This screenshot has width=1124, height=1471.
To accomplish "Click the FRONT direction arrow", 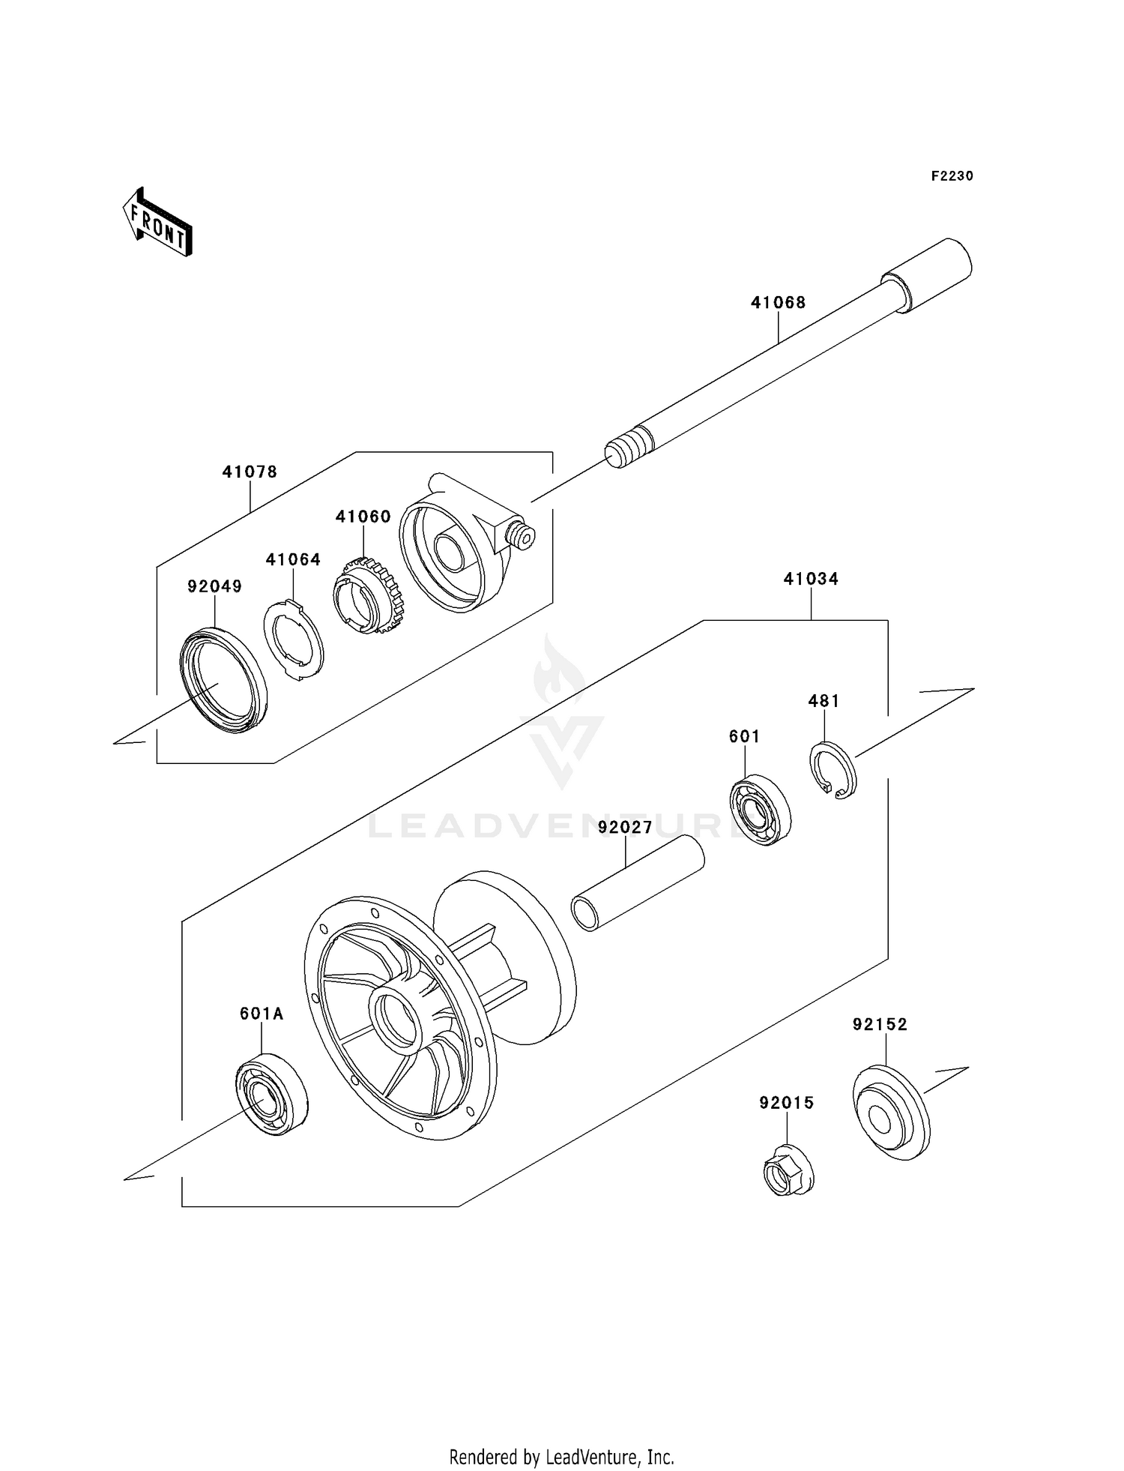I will [x=158, y=223].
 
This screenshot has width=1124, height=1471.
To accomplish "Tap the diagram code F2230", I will [x=952, y=176].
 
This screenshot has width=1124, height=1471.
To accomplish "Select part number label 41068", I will [x=778, y=303].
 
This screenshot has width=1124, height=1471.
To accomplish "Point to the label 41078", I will [x=250, y=472].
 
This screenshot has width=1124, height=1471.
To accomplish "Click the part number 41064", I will [x=293, y=560].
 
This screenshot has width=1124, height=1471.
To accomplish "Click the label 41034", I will [x=811, y=579].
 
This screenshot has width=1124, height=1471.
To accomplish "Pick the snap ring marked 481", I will [x=833, y=769].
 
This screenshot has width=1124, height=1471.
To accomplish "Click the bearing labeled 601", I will [x=761, y=810].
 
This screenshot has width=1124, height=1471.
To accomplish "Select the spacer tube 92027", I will [x=637, y=883].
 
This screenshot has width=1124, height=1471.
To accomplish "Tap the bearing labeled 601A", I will [x=271, y=1094].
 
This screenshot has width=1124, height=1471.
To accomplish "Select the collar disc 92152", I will [x=890, y=1113].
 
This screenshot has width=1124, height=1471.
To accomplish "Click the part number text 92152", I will [x=880, y=1025].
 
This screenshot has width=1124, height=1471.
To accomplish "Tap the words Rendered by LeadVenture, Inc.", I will [x=561, y=1457].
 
